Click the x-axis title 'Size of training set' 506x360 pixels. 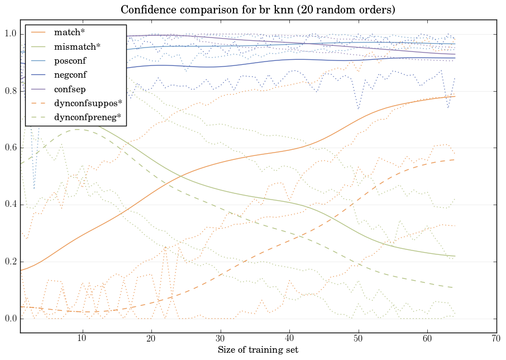(257, 350)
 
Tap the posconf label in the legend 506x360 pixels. (71, 60)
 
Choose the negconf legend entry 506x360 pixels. (71, 74)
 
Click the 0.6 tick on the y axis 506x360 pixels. (11, 148)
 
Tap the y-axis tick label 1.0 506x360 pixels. (11, 35)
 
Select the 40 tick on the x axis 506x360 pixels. (289, 339)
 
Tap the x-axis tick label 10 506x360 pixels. (82, 339)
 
